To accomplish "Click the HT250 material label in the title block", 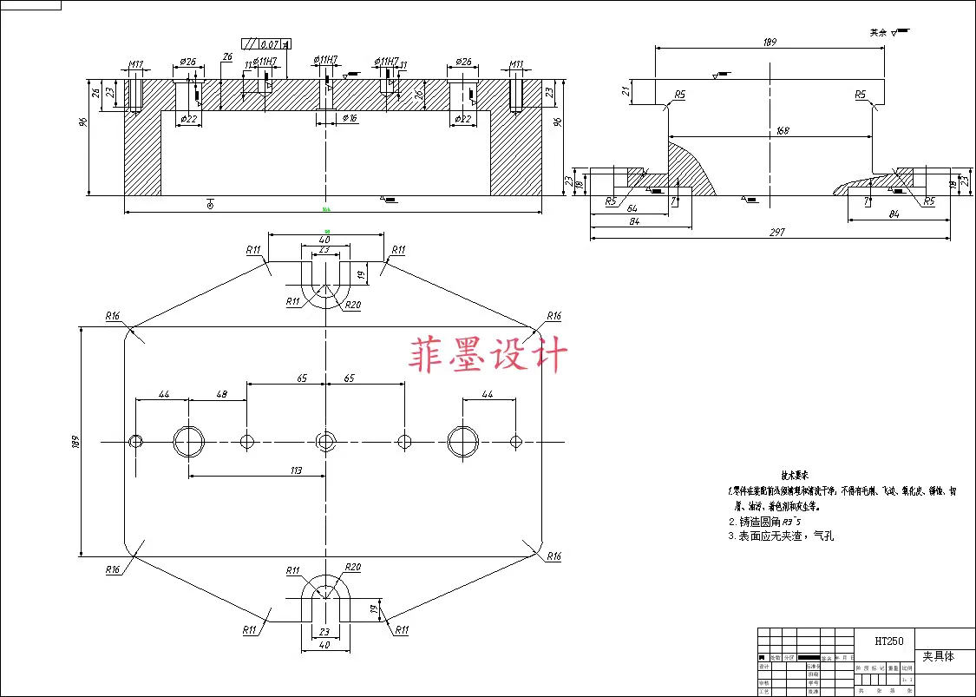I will pos(889,641).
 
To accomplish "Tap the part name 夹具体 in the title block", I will pos(938,657).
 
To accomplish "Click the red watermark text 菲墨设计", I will pos(488,355).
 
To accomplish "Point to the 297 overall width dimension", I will pos(776,233).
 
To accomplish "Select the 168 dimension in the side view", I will pos(783,131).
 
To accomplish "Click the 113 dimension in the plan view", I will pos(295,470).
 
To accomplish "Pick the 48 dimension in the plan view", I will pos(221,394).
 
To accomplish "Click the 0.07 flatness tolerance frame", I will pos(266,43).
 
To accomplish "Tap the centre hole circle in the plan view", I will pos(325,442).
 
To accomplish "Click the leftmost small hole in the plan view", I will pos(135,442).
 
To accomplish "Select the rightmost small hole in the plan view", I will pos(516,442).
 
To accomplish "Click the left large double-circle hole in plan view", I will pos(189,442).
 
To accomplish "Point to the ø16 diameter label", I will pos(350,118).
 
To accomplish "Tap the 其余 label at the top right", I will pos(880,32).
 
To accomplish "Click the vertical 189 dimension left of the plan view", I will pos(75,441).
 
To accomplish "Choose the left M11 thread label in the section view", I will pos(136,63).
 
